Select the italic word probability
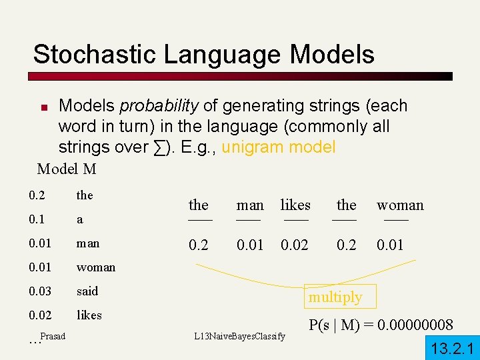tap(158, 105)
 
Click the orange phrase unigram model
tap(279, 147)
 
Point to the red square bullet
tap(44, 107)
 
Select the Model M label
tap(67, 169)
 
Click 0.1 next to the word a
tap(37, 219)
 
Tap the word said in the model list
tap(87, 291)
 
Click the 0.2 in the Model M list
tap(37, 195)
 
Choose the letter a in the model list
tap(80, 219)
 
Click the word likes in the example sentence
tap(295, 205)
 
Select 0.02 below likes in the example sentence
tap(295, 245)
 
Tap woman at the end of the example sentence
tap(400, 205)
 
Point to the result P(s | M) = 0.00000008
tap(381, 325)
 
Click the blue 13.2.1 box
tap(452, 348)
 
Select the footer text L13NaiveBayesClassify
tap(239, 336)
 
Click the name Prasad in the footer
tap(53, 336)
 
